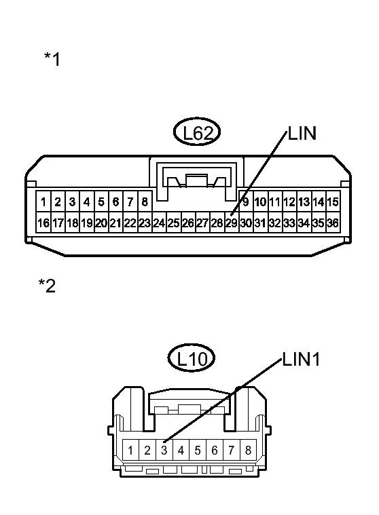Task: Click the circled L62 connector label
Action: tap(196, 132)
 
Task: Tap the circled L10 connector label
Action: tap(191, 358)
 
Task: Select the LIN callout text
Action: tap(302, 134)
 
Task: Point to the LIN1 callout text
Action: tap(301, 359)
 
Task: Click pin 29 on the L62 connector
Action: tap(232, 223)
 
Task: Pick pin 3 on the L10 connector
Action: tap(164, 450)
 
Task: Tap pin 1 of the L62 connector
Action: tap(43, 202)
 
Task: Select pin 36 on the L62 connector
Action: tap(333, 223)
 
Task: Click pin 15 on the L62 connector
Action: tap(333, 202)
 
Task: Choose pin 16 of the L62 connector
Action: tap(43, 223)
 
